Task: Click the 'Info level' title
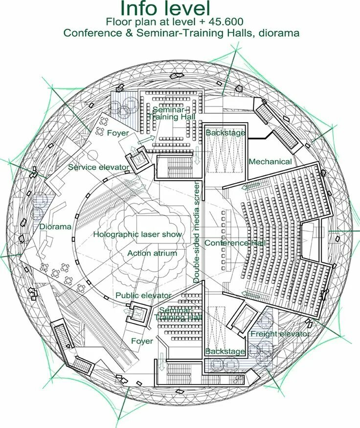coord(165,9)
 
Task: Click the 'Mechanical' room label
coord(270,162)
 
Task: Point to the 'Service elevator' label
coord(99,167)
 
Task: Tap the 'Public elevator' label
coord(143,296)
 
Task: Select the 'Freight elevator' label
coord(280,334)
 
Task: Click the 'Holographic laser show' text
coord(137,235)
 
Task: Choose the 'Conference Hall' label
coord(235,243)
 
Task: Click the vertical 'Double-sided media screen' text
coord(197,232)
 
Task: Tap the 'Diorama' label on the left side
coord(55,227)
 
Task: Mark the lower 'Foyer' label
coord(142,341)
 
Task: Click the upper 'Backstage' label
coord(225,133)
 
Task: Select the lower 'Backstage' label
coord(225,352)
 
